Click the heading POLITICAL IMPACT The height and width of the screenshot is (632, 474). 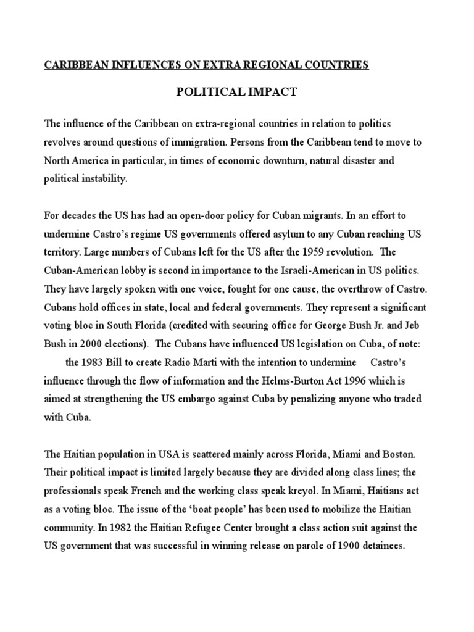pos(237,93)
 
